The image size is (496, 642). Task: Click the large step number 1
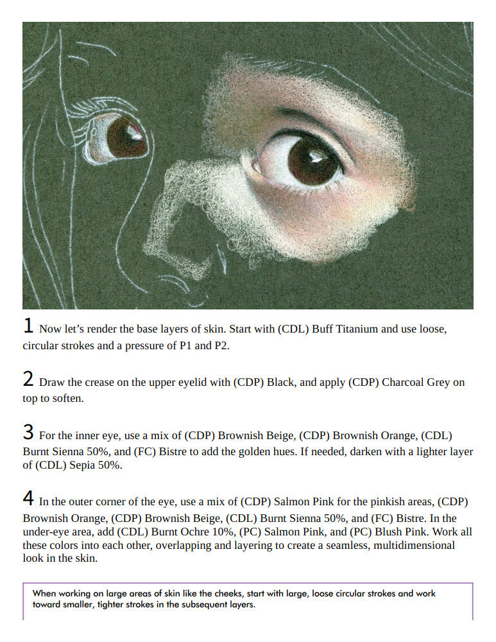[x=28, y=326]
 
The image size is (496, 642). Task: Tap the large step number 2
[x=28, y=379]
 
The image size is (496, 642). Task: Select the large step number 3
[x=28, y=432]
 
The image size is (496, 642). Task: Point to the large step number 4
[x=28, y=498]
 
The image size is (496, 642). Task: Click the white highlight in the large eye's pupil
[x=316, y=156]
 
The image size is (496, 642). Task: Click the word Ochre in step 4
[x=198, y=532]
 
